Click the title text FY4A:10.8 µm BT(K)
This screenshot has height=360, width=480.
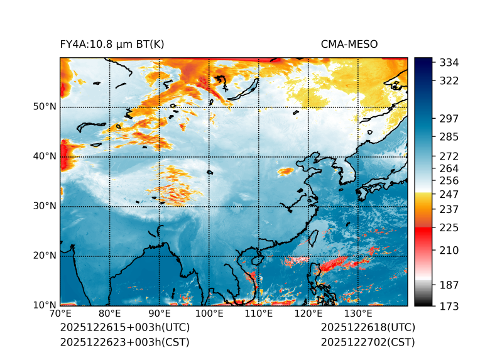pyautogui.click(x=112, y=44)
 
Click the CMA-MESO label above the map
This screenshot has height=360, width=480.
pyautogui.click(x=349, y=44)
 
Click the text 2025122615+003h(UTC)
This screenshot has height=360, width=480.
pyautogui.click(x=124, y=328)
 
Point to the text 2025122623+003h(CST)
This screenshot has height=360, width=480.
pyautogui.click(x=124, y=342)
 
